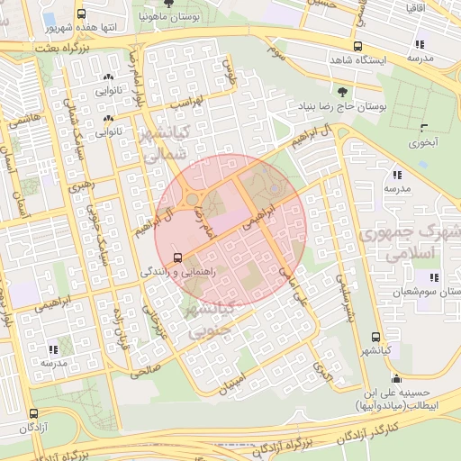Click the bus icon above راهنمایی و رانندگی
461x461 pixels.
[177, 257]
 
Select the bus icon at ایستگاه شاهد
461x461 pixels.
[358, 47]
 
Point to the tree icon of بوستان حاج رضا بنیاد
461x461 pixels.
[341, 91]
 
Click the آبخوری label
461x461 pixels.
[421, 142]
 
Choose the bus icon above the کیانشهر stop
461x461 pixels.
[375, 338]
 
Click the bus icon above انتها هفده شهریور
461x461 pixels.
[83, 14]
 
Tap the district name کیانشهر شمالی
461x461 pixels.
[164, 144]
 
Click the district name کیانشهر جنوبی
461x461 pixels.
[208, 321]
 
